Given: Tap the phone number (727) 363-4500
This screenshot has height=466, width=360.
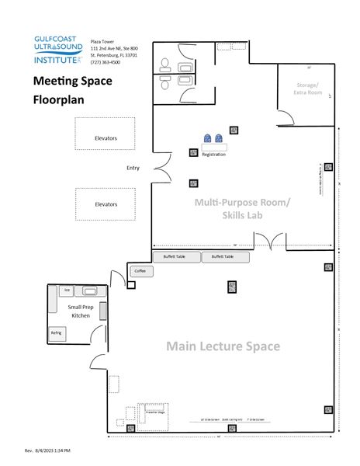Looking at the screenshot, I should coord(106,63).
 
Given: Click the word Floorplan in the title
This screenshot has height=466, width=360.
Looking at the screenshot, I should coord(59,99).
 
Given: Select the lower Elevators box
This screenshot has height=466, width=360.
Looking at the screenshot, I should coord(106,203).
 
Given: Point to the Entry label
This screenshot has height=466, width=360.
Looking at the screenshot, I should coord(132,168).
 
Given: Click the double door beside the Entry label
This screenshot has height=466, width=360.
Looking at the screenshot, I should coord(161,168).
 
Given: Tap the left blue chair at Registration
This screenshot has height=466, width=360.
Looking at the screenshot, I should coord(208,139).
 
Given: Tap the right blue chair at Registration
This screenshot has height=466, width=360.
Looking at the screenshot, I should coord(220,139).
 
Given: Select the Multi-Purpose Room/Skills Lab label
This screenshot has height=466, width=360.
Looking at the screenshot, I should coord(243,209).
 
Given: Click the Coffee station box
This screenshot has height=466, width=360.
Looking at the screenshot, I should coord(140,271).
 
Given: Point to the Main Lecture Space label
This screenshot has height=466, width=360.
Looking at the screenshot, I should coord(223,346).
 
